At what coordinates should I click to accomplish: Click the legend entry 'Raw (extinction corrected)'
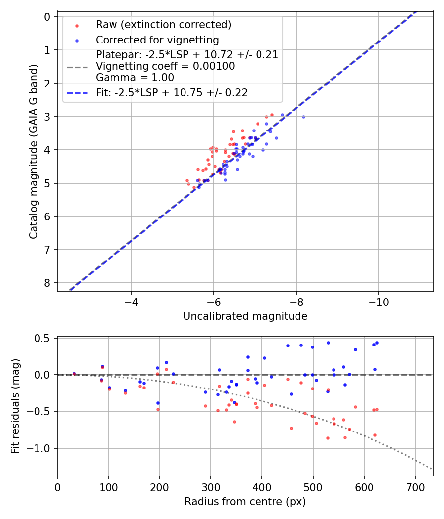coord(163,25)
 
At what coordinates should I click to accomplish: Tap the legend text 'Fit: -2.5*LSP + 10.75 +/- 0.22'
coord(172,92)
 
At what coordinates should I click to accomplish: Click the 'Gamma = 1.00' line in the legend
coord(135,77)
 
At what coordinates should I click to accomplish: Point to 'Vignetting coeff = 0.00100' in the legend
coord(165,66)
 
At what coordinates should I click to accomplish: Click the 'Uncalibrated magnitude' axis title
coord(245,316)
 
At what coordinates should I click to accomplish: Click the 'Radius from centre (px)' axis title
coord(245,502)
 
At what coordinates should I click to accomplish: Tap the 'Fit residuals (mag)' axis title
coord(15,406)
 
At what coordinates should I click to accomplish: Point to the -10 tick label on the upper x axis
coord(378,302)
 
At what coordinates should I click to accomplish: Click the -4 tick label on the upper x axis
coord(131,302)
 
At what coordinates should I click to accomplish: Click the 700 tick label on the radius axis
coord(415,486)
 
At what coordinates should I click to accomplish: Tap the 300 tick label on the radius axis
coord(211,486)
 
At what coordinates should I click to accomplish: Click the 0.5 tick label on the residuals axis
coord(44,338)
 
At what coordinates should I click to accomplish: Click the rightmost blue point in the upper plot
coord(303,117)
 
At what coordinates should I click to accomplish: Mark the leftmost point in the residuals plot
coord(74,374)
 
